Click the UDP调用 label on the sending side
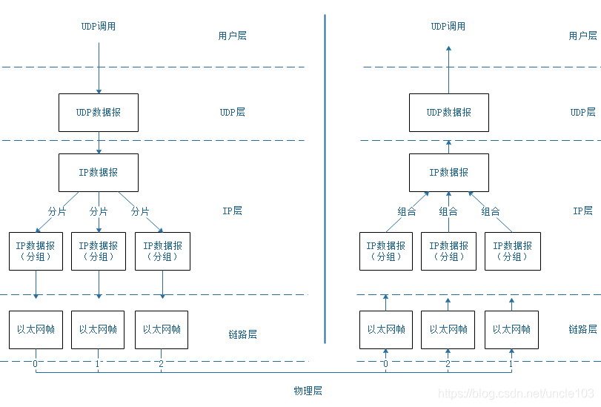click(x=98, y=26)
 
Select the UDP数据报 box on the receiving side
click(x=448, y=113)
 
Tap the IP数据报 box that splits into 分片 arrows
click(x=98, y=173)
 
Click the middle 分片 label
click(x=99, y=211)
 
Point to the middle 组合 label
click(x=448, y=211)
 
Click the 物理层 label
click(x=308, y=391)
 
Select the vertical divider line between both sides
click(x=325, y=178)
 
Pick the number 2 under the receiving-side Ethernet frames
click(x=448, y=364)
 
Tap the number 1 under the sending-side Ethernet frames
click(x=98, y=364)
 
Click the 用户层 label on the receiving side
click(x=582, y=36)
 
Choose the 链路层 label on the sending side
click(x=242, y=334)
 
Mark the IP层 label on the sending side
click(x=232, y=211)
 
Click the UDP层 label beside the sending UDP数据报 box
click(x=232, y=113)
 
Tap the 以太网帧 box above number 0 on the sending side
click(x=36, y=330)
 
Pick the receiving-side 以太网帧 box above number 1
click(x=511, y=330)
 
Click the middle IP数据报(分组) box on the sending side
click(x=99, y=251)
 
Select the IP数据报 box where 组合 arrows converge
click(x=448, y=173)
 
